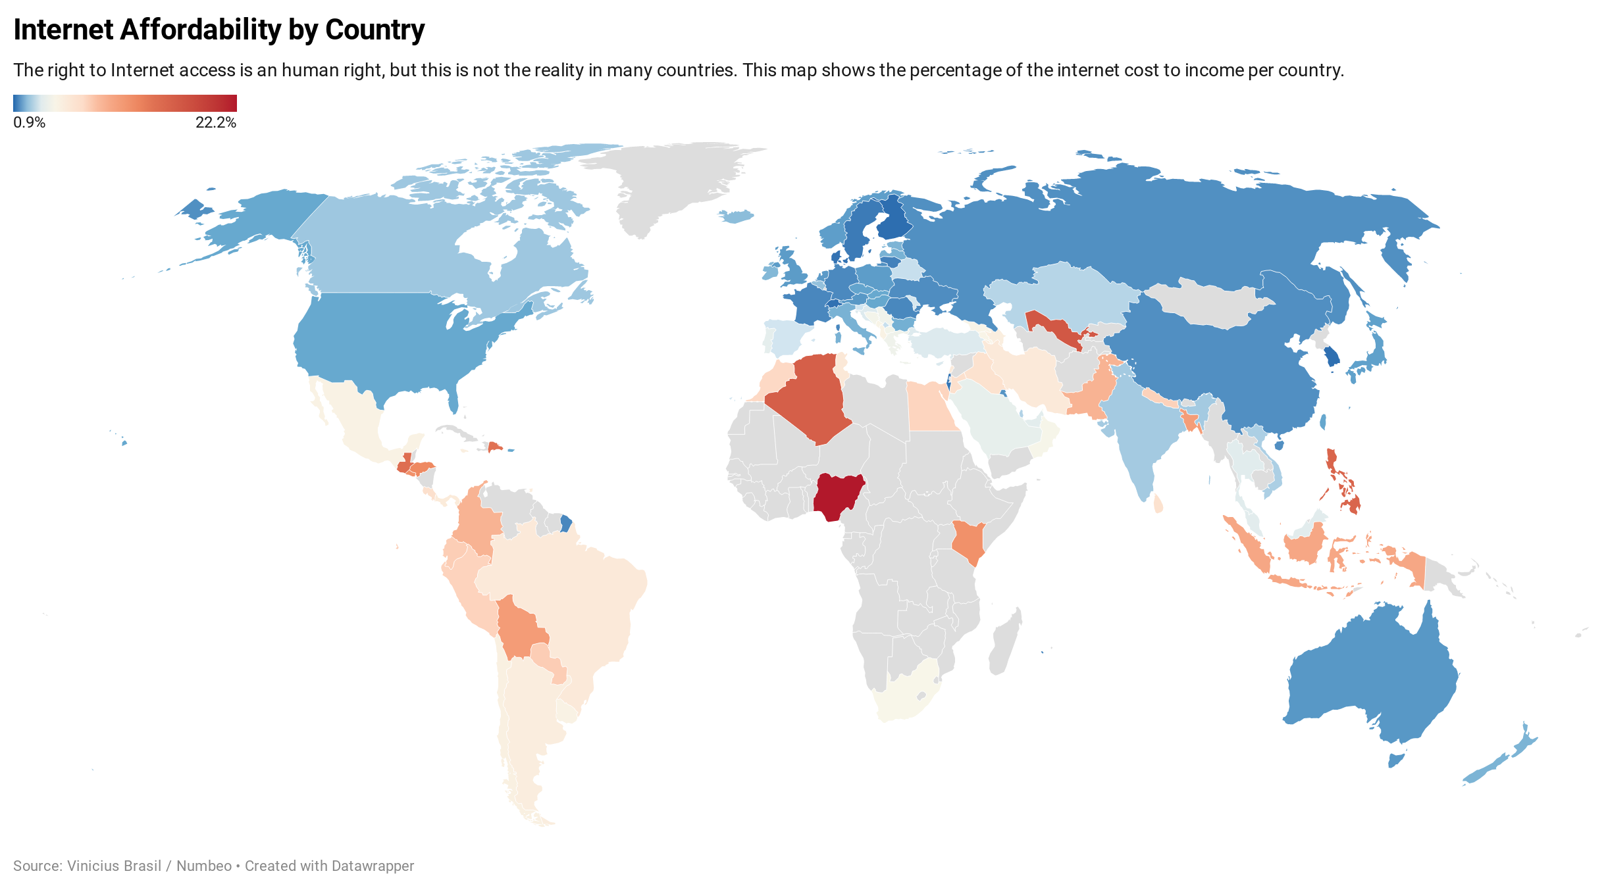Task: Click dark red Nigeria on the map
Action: pyautogui.click(x=837, y=496)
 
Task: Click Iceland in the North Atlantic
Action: pyautogui.click(x=736, y=216)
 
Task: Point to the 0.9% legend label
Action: pyautogui.click(x=29, y=123)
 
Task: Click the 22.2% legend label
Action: pyautogui.click(x=215, y=123)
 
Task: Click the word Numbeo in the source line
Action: pyautogui.click(x=204, y=866)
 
